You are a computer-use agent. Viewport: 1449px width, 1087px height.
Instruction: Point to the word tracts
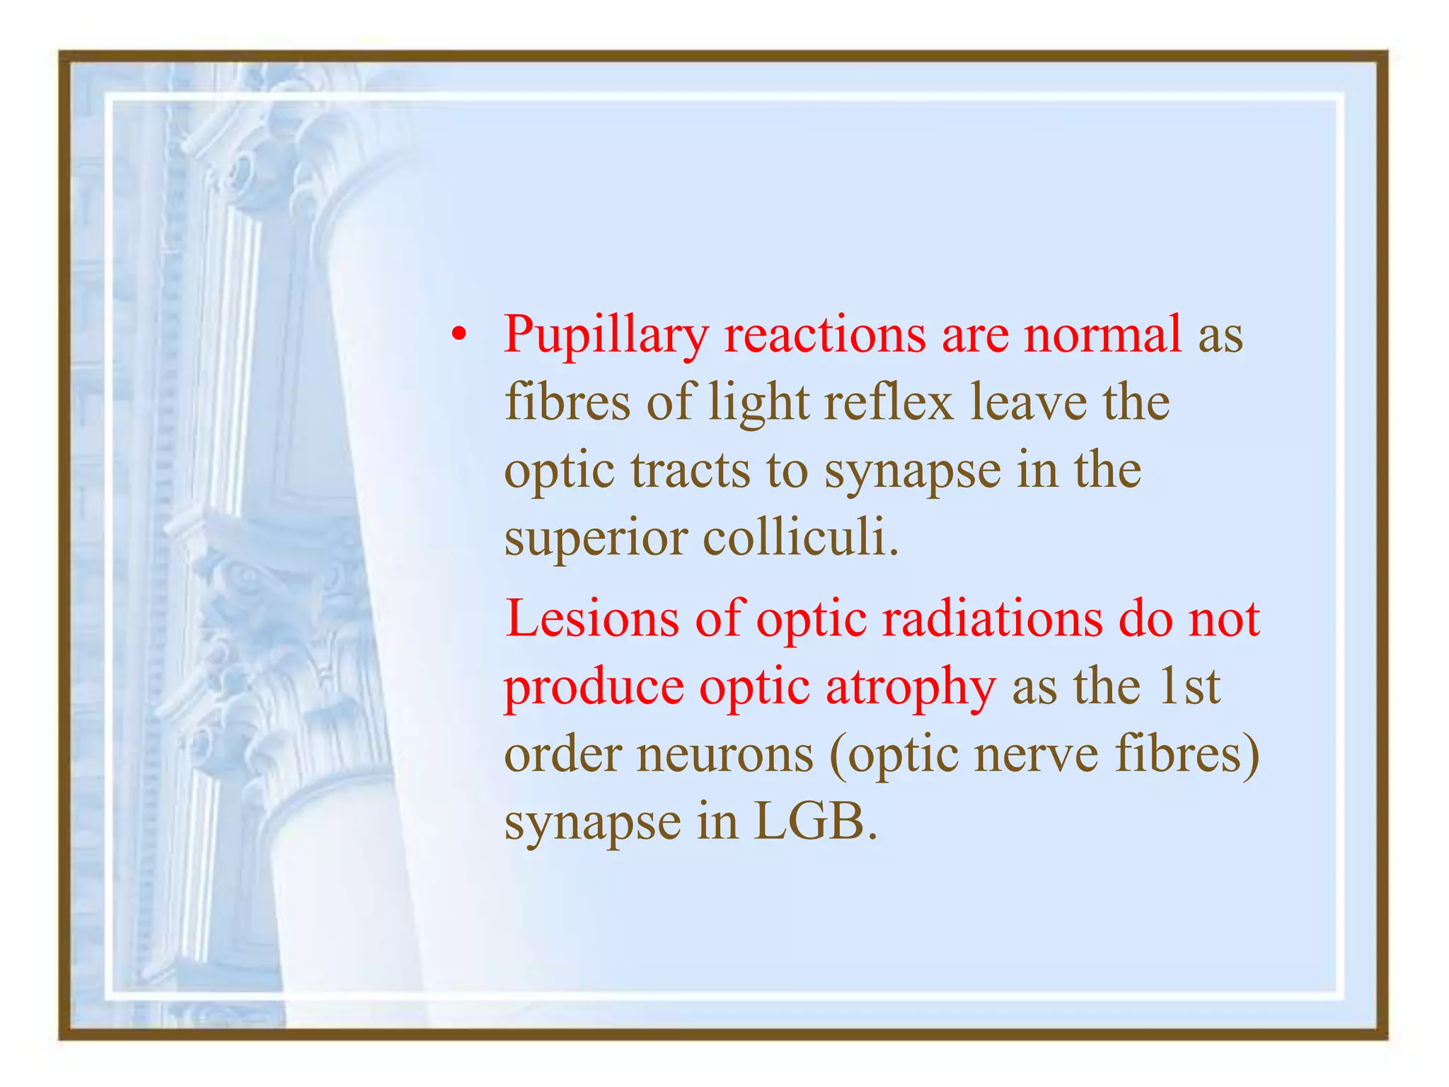coord(690,471)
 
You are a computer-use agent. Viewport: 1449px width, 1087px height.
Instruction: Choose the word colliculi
coord(800,537)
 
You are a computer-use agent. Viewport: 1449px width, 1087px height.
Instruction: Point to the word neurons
coord(725,754)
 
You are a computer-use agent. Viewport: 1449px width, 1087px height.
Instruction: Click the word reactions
coord(824,333)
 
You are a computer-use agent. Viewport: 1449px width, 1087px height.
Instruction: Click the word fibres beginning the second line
coord(567,402)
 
